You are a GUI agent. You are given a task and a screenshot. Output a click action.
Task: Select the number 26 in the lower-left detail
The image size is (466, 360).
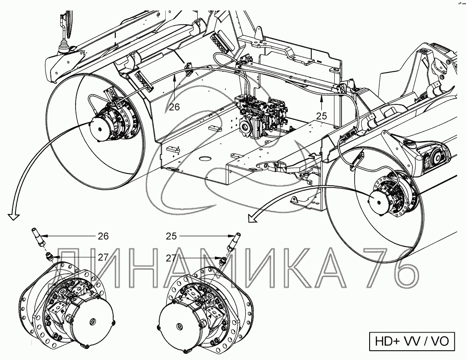(x=103, y=236)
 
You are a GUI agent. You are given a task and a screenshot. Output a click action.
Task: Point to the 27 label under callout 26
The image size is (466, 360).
(x=103, y=257)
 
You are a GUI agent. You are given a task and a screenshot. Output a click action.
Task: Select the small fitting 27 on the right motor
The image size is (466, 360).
(x=224, y=261)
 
